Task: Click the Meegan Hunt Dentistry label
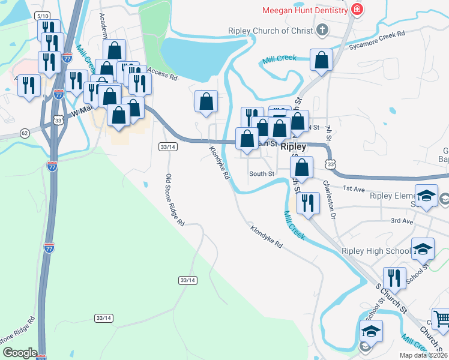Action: (x=305, y=11)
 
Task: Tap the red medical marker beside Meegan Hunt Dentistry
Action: (x=358, y=10)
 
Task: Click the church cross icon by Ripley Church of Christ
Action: (x=322, y=30)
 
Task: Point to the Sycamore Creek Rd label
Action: (x=377, y=36)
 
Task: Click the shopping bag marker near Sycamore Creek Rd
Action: (x=322, y=61)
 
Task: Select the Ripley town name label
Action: (x=294, y=146)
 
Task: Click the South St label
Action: (x=262, y=174)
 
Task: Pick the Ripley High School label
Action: (x=376, y=251)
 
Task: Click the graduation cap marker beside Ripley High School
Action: (x=423, y=248)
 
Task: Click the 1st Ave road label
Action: (x=354, y=188)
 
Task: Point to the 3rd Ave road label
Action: (x=402, y=221)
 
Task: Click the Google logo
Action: (x=19, y=353)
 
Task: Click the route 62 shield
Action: (x=25, y=132)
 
